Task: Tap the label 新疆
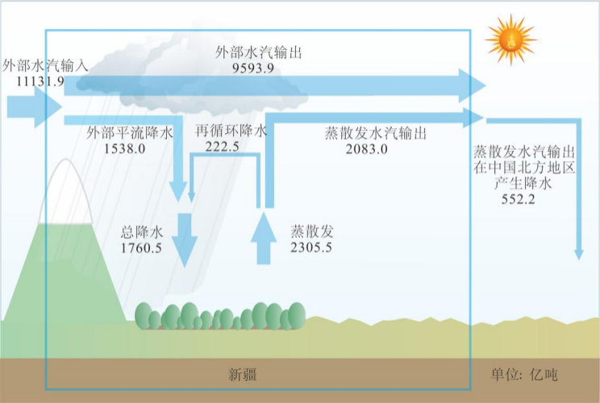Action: click(244, 375)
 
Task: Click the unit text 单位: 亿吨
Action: click(524, 375)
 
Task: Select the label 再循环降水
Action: click(231, 131)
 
